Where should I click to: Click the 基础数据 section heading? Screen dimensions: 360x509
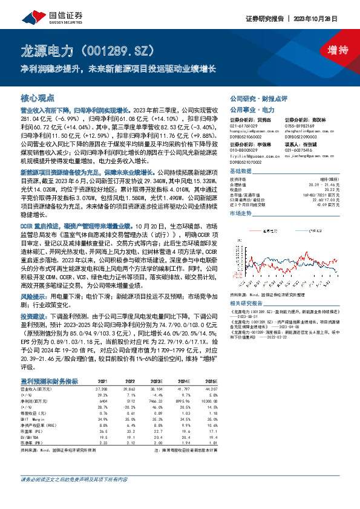243,172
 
